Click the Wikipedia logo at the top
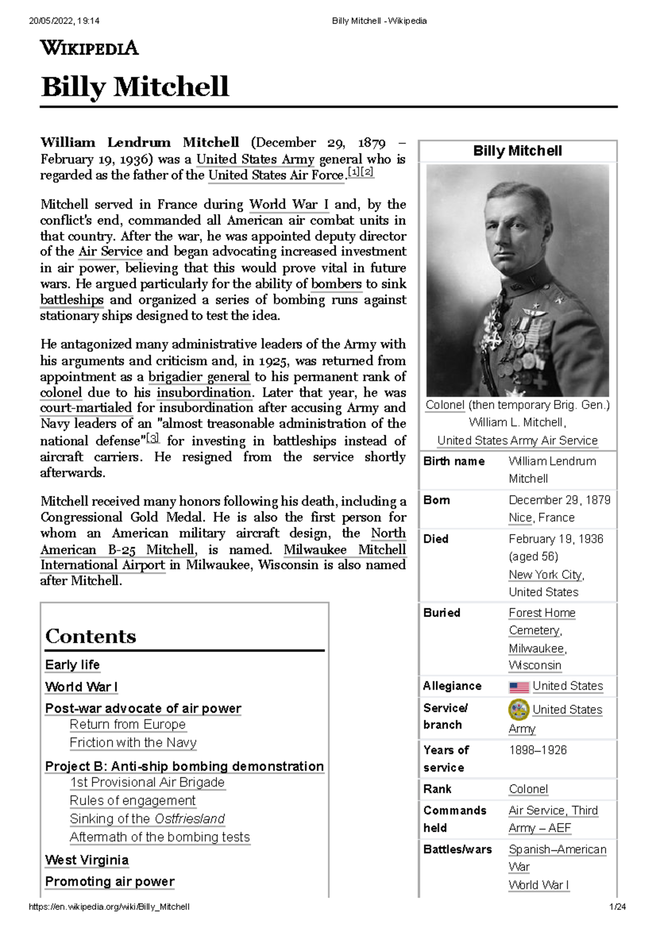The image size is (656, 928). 89,48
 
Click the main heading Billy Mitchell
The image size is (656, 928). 134,87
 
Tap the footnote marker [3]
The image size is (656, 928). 153,438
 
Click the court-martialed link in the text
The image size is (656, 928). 86,408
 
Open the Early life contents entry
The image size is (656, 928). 72,665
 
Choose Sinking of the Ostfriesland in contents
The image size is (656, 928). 147,819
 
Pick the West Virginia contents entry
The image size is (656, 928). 86,860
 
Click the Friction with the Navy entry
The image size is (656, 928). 133,743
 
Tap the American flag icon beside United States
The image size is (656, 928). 519,687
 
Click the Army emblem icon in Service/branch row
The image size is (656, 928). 519,709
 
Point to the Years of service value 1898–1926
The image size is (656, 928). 537,750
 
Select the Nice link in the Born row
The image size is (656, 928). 520,518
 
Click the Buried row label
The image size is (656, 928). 442,613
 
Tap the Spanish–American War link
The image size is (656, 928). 557,850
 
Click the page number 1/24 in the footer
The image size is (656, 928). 618,907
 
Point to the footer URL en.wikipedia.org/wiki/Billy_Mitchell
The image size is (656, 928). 109,907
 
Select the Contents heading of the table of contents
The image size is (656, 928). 91,636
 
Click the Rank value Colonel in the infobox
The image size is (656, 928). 528,789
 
